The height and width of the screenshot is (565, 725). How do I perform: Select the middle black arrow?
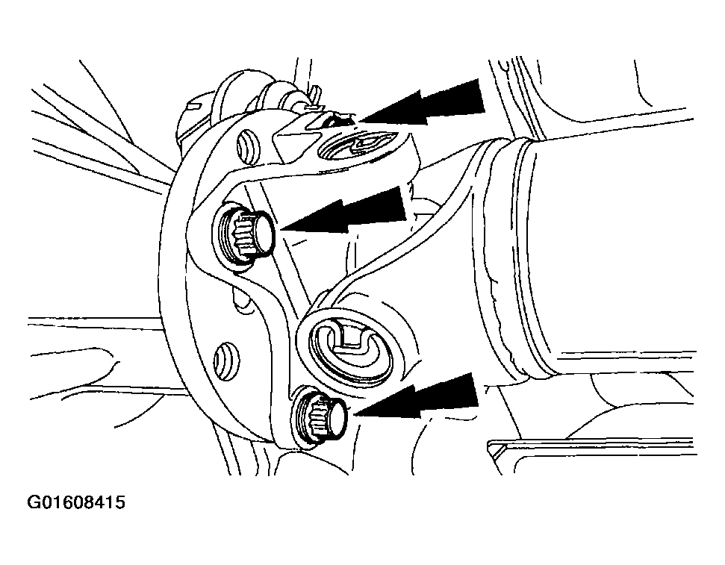(344, 213)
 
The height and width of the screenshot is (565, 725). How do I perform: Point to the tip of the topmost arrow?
(358, 122)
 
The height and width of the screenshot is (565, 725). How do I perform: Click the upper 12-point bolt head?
(245, 234)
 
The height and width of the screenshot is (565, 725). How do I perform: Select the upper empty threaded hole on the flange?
(245, 147)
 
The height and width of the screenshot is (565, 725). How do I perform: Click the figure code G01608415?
(76, 502)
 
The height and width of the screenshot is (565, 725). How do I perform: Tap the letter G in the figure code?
(34, 502)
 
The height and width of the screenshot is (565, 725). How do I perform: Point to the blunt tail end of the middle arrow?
(403, 205)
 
